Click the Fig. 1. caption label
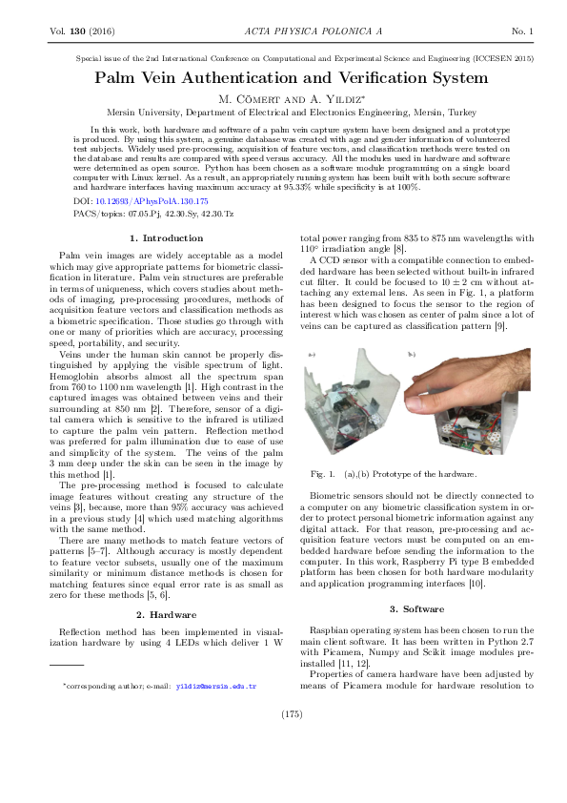(x=324, y=474)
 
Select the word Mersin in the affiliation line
(x=123, y=112)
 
